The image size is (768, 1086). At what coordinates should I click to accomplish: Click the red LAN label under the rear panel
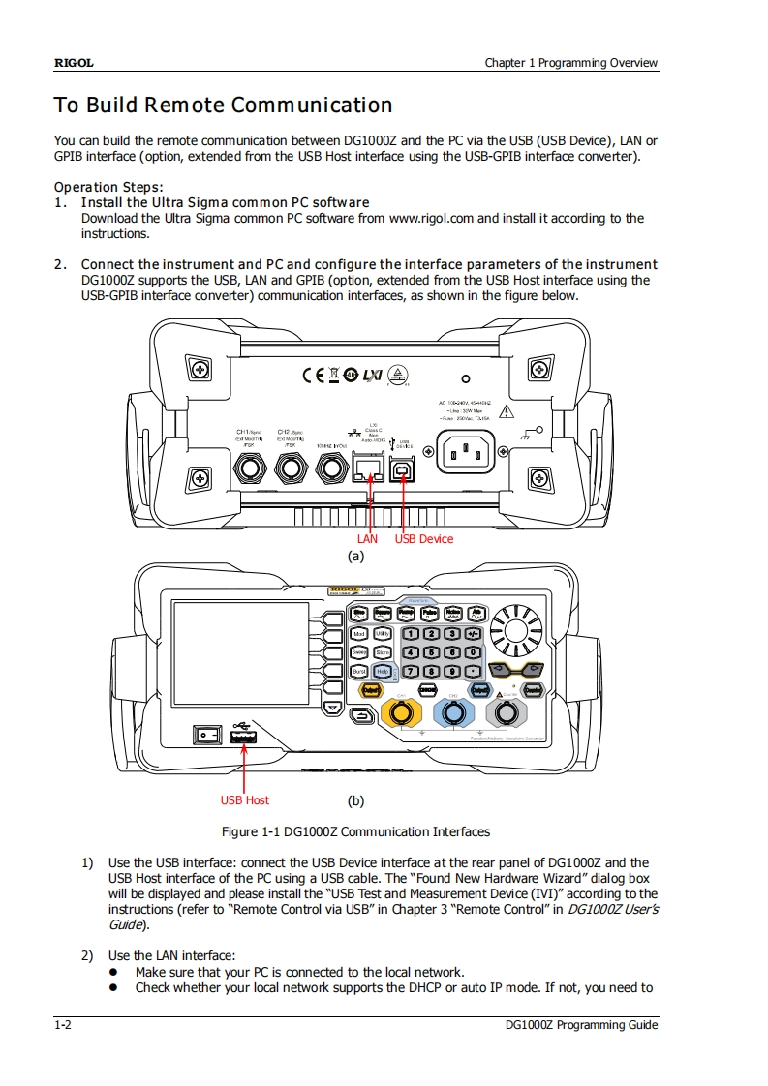point(367,538)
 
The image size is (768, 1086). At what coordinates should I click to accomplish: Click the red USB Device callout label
point(423,538)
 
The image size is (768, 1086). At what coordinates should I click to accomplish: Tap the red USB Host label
point(244,799)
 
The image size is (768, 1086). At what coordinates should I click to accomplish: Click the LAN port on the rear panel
point(367,468)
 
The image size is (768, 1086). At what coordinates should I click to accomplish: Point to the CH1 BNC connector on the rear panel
point(250,469)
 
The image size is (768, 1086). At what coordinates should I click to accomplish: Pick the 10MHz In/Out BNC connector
point(331,469)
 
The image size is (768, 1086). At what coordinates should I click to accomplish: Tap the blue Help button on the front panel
point(383,670)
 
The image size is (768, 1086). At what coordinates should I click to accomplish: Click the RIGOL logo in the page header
point(74,63)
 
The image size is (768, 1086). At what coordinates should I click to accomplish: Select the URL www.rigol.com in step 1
point(431,218)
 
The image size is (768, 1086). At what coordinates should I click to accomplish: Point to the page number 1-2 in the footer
point(61,1025)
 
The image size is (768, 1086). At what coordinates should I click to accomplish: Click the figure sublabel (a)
point(355,556)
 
